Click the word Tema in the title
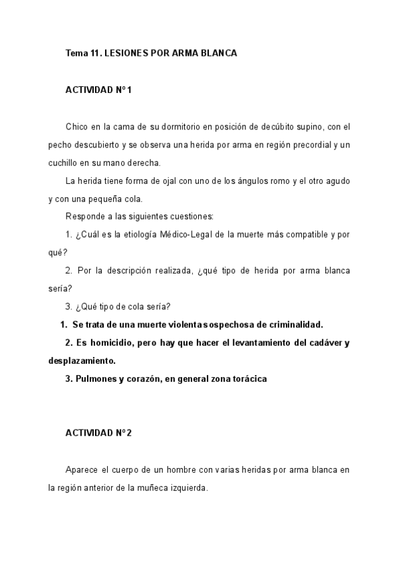click(x=75, y=52)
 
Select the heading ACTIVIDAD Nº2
click(x=98, y=433)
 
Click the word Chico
click(x=76, y=126)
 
